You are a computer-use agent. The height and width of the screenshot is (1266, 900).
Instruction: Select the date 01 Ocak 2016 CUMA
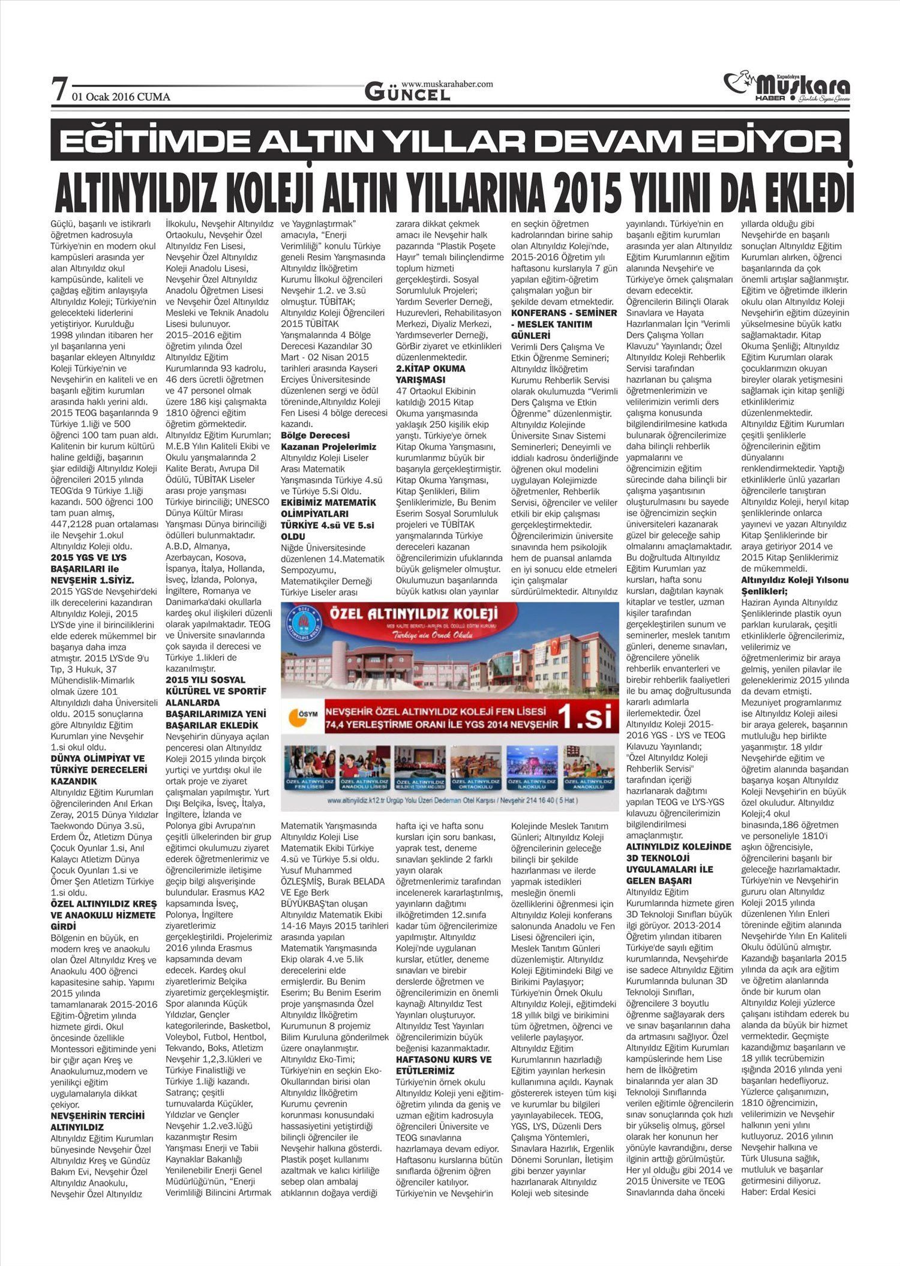(x=121, y=97)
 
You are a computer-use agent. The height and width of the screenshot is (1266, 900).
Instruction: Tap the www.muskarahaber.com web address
(x=446, y=84)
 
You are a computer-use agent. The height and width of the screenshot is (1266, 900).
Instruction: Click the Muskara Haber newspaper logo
(x=787, y=87)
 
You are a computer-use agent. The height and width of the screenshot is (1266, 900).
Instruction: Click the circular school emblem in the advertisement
(x=304, y=628)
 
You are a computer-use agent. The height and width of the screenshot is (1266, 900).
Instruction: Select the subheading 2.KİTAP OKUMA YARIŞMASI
(x=431, y=374)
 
